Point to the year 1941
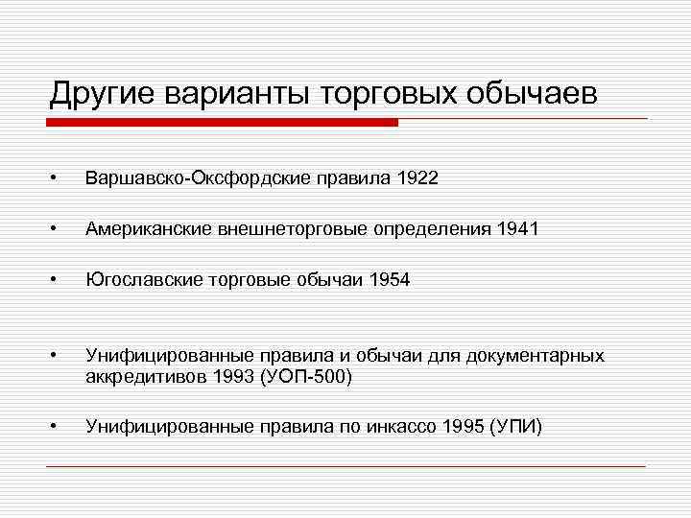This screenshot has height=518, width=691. tap(518, 229)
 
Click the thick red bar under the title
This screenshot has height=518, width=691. tap(222, 123)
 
